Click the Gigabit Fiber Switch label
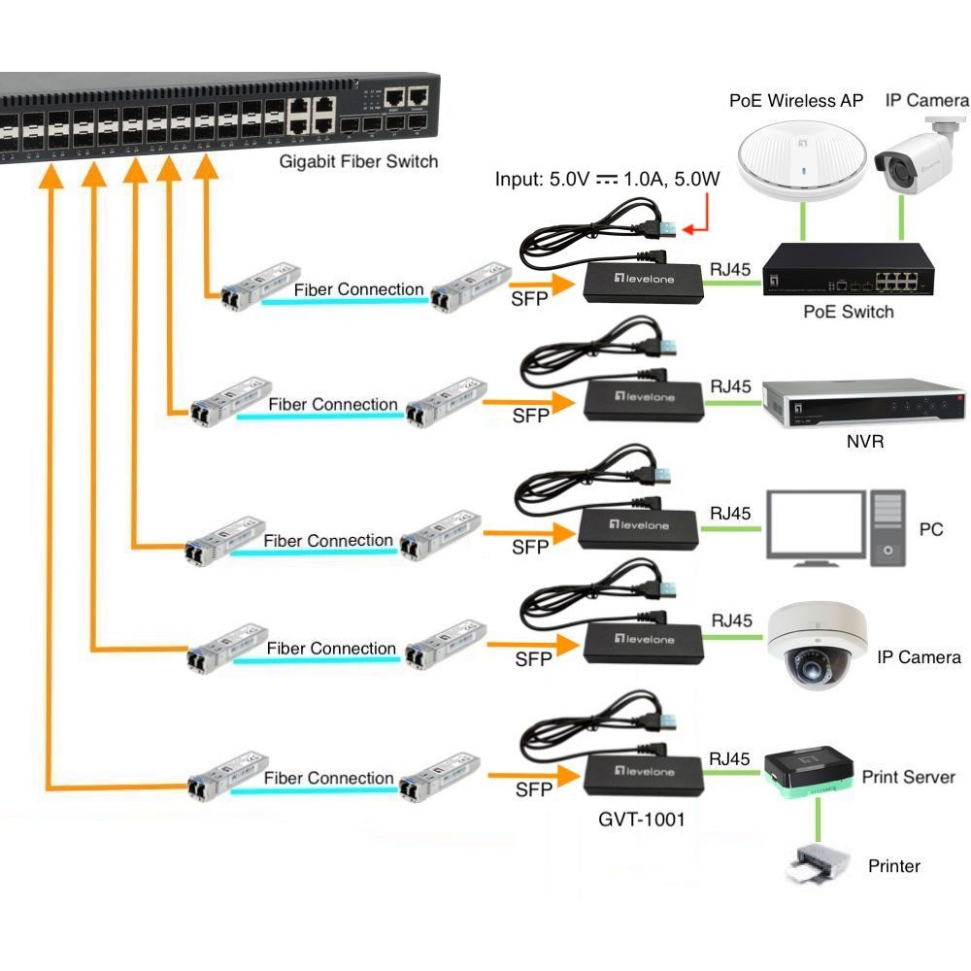tap(358, 161)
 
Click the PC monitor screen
tap(815, 524)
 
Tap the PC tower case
tap(887, 530)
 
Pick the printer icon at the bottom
tap(815, 863)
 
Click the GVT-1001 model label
tap(641, 819)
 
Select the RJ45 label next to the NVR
tap(731, 386)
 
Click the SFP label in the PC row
tap(530, 548)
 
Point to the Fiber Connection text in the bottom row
tap(329, 778)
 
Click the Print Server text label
tap(908, 777)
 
